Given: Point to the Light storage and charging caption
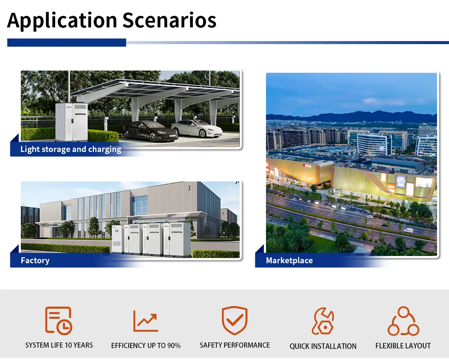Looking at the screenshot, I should (71, 149).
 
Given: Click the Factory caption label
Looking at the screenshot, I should (35, 260).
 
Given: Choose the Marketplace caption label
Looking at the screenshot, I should (289, 260).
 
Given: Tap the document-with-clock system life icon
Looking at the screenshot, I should (59, 320).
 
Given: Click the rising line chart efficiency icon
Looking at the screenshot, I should (145, 321).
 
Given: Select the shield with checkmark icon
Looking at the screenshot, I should (234, 320).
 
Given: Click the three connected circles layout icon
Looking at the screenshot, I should (403, 321).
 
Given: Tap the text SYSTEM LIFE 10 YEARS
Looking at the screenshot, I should (59, 345).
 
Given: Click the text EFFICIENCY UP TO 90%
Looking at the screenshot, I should (146, 345).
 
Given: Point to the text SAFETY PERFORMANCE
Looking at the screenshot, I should (235, 345).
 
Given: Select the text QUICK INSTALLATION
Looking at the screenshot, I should (323, 346).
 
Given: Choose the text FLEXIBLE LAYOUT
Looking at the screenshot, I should (403, 345).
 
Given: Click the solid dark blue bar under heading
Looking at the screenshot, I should (67, 42).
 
